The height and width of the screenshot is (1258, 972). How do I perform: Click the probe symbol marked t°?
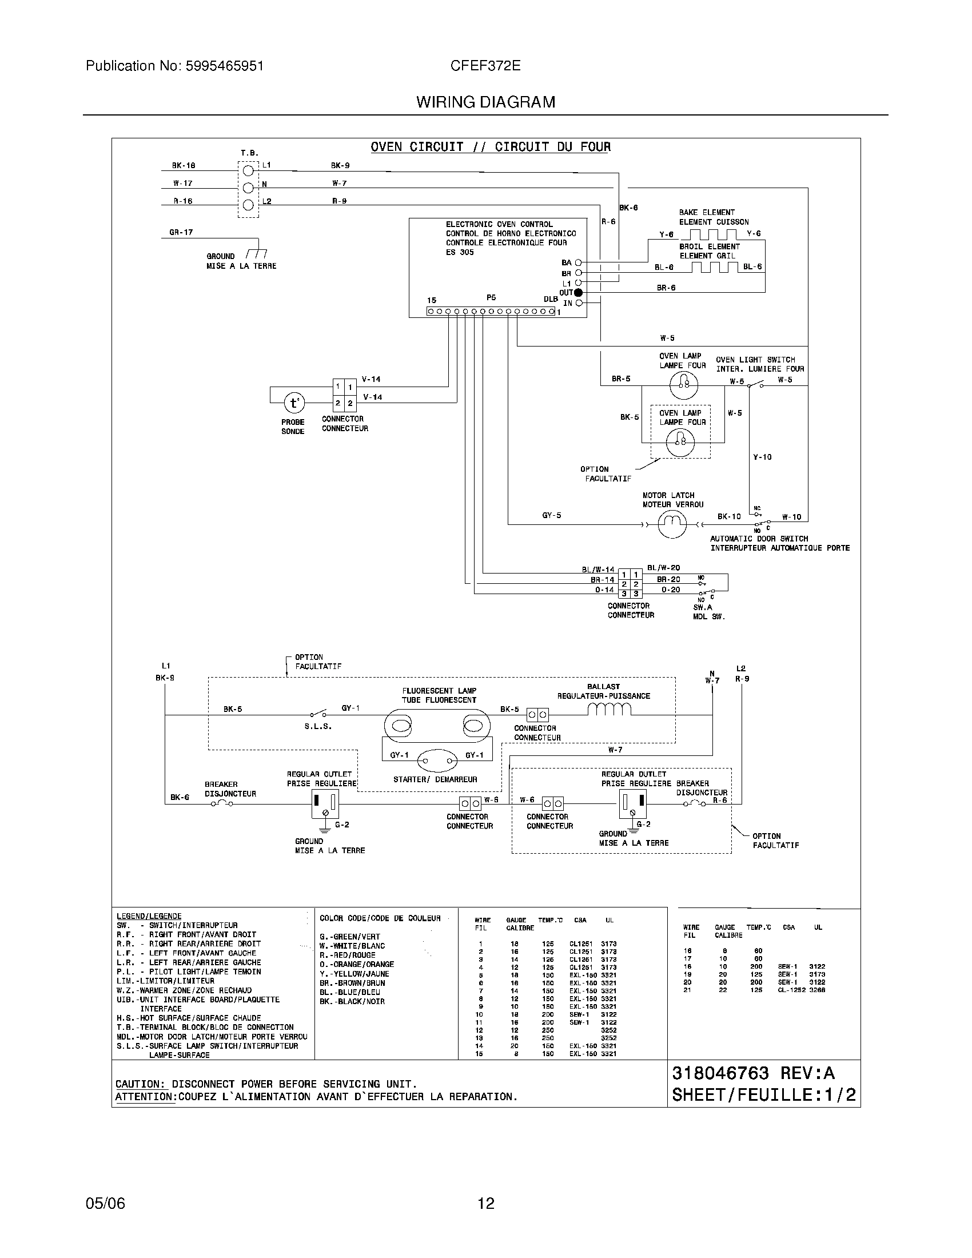[x=294, y=403]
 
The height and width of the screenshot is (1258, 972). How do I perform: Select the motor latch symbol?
[x=672, y=524]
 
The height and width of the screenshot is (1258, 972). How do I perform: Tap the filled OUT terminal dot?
[x=578, y=293]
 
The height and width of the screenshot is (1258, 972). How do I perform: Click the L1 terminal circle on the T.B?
[x=248, y=170]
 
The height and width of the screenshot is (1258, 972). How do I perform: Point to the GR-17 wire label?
[x=181, y=232]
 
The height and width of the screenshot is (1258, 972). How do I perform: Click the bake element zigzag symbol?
[x=713, y=234]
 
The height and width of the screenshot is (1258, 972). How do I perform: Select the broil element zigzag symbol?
[x=714, y=266]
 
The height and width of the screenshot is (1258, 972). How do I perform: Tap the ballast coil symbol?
[x=610, y=710]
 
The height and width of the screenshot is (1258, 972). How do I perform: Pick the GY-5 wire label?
[x=551, y=516]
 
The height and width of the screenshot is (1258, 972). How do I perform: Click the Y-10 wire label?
[x=762, y=457]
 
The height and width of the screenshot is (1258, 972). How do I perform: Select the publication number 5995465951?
[x=224, y=66]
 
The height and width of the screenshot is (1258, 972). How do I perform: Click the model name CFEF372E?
[x=485, y=66]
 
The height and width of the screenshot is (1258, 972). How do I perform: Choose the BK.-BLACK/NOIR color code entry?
[x=352, y=1001]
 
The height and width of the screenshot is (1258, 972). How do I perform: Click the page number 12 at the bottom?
[x=485, y=1203]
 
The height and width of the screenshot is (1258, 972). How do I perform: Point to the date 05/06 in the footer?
[x=105, y=1203]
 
